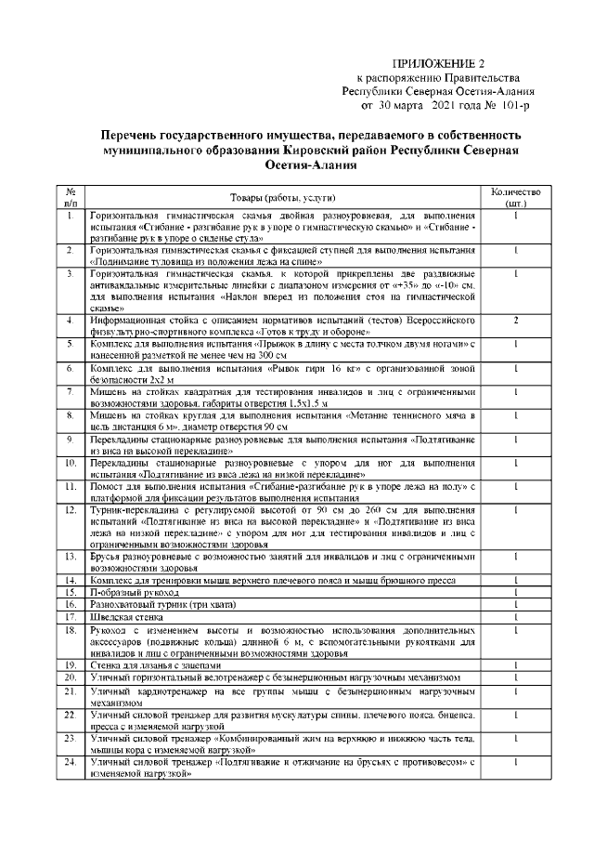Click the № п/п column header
click(71, 198)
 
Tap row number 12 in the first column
click(71, 510)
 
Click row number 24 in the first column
click(71, 762)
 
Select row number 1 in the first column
click(71, 216)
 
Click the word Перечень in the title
click(130, 135)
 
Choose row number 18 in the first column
click(71, 629)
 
